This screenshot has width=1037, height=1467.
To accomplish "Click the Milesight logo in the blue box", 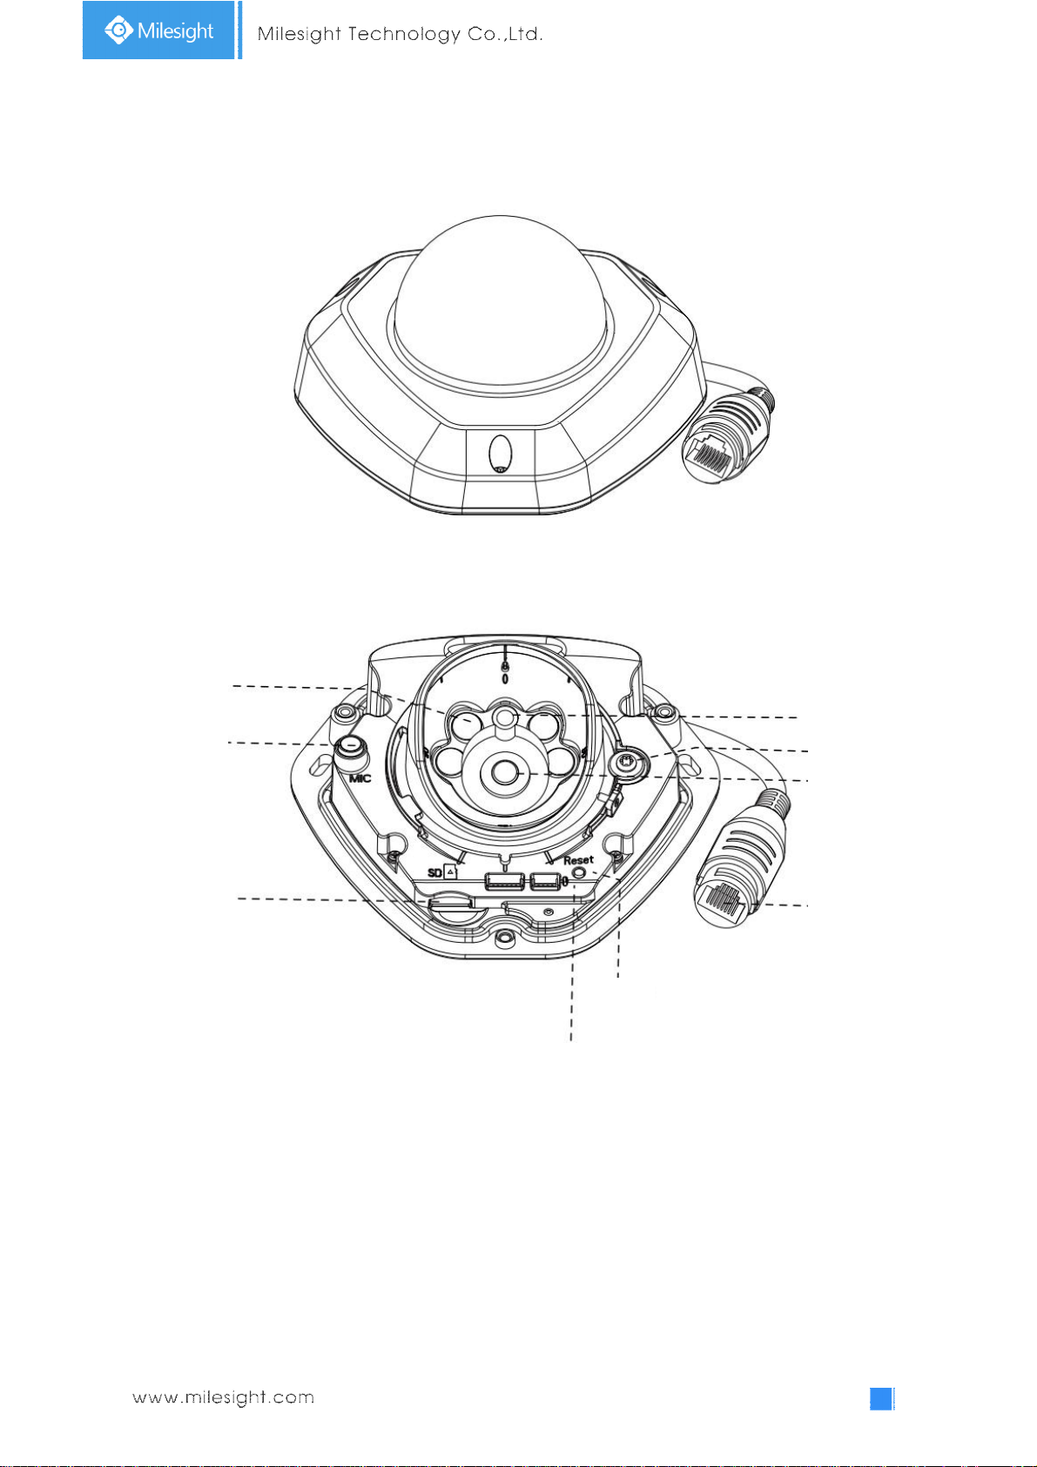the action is coord(158,30).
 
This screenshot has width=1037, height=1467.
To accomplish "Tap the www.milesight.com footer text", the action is coord(224,1397).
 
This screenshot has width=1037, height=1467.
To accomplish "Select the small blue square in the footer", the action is coord(881,1398).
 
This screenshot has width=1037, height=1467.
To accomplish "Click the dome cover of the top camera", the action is coord(500,301).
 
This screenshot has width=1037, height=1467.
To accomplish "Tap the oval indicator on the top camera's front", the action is coord(500,453).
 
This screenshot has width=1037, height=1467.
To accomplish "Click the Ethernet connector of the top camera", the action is coord(727,434).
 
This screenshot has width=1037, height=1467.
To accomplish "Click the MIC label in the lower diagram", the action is coord(360,778).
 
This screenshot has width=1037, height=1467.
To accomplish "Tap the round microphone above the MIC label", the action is coord(351,747).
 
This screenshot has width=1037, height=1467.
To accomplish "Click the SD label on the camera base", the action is coord(435,873).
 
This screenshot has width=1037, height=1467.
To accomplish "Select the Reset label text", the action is coord(578,860).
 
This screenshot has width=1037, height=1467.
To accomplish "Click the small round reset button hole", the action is coord(579,873).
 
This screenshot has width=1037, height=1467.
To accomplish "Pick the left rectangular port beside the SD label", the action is coord(504,882).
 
